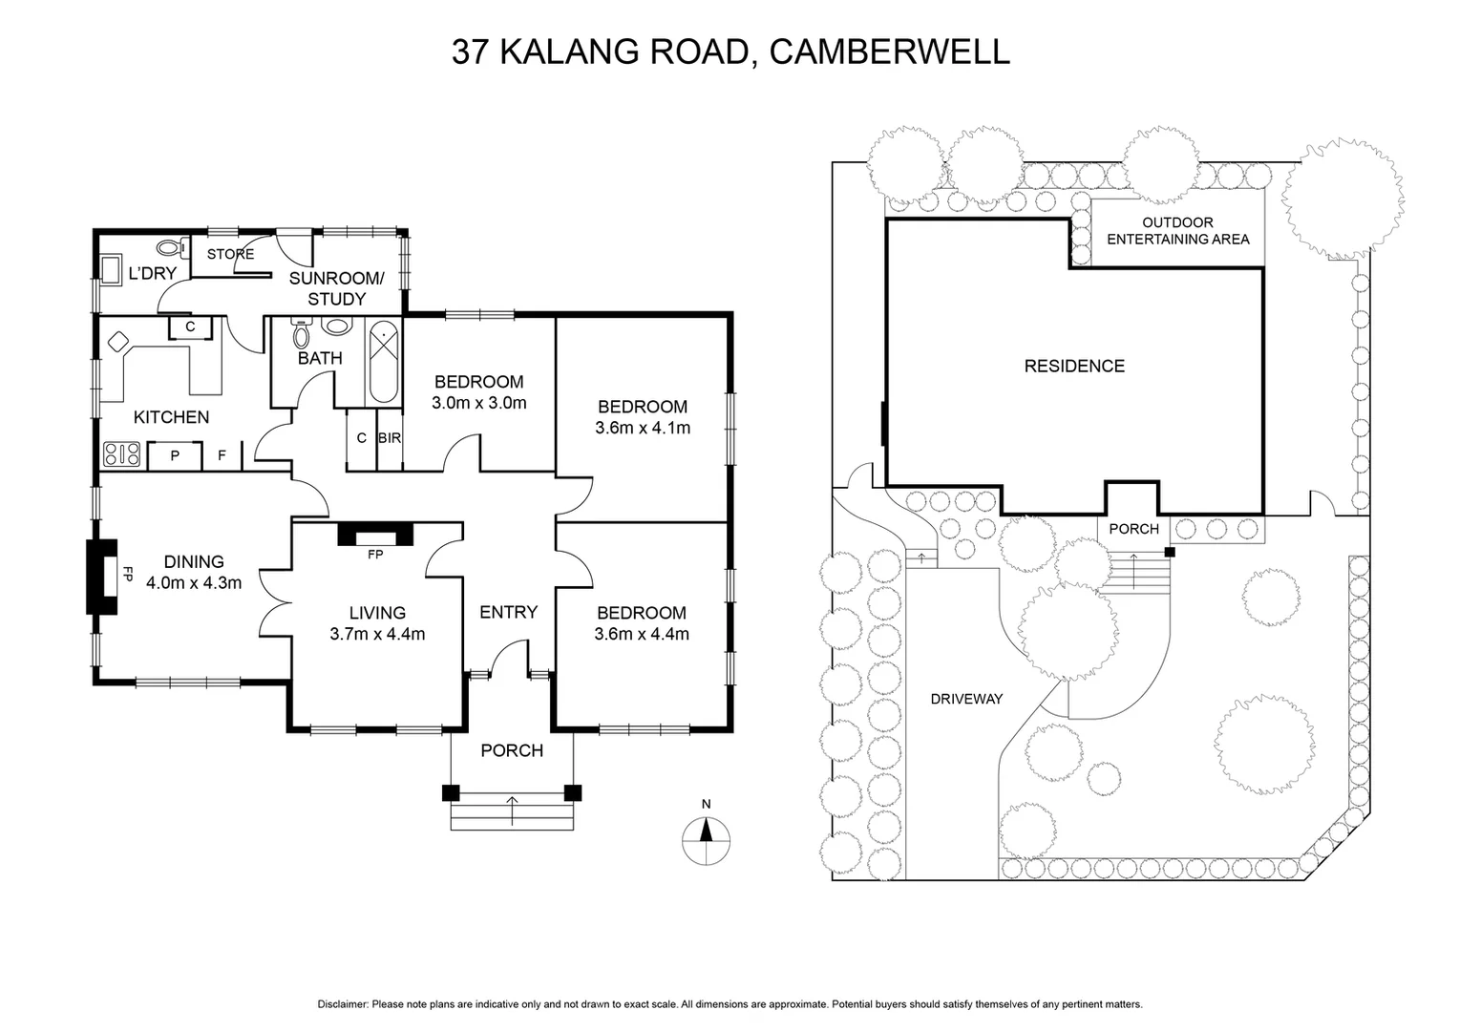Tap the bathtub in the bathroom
click(384, 363)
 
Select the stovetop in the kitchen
click(122, 453)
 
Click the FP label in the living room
click(375, 554)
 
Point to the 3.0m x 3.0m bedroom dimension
click(478, 403)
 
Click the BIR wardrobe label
click(390, 438)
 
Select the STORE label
click(230, 254)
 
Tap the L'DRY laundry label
click(152, 274)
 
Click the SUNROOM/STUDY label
click(336, 288)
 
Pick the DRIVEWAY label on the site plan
click(966, 699)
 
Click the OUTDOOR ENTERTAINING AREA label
click(1177, 231)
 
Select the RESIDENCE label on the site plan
click(1074, 366)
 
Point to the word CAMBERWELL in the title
click(889, 52)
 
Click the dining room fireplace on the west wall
click(103, 577)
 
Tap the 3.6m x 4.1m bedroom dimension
click(642, 428)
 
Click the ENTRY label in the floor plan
click(508, 612)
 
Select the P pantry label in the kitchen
click(175, 455)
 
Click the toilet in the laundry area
click(170, 248)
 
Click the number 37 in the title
click(470, 52)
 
